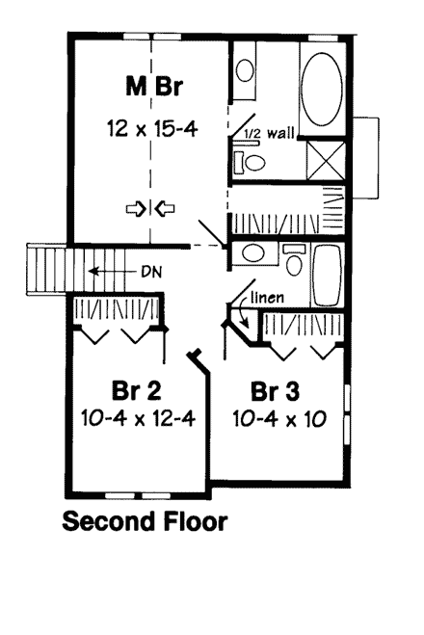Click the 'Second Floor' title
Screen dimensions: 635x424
click(145, 523)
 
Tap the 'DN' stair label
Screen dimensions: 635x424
click(149, 273)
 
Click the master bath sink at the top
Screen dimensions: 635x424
click(246, 70)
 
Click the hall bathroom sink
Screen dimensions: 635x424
click(253, 254)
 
